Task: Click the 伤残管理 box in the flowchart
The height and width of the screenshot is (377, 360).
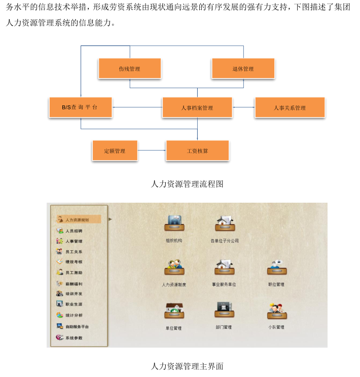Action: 129,68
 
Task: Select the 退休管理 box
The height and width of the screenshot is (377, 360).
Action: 243,68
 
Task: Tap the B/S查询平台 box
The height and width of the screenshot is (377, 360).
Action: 81,107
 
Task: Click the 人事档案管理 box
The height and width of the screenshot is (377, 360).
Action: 197,107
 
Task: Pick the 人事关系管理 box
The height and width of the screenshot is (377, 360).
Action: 290,107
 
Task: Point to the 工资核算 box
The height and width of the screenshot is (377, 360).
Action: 197,150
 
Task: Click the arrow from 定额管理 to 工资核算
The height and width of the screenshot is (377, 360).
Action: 152,150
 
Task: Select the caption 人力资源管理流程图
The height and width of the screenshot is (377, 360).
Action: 187,184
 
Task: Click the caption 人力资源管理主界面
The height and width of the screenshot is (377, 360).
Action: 187,365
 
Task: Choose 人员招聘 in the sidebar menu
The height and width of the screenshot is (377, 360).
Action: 74,231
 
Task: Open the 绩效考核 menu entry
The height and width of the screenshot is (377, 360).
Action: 74,262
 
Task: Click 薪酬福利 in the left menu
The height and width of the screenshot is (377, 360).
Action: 74,284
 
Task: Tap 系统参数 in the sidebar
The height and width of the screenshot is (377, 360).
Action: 74,337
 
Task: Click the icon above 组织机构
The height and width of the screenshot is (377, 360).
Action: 174,222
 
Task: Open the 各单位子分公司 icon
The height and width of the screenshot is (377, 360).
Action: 224,222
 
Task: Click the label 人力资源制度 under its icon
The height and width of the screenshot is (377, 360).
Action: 174,285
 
